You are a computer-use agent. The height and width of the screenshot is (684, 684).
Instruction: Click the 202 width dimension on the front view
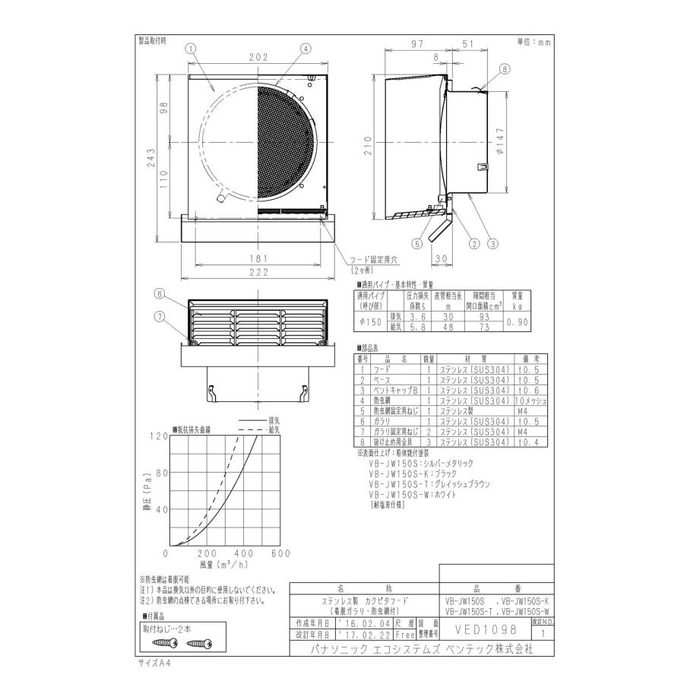258,57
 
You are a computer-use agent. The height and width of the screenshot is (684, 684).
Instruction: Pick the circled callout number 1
191,47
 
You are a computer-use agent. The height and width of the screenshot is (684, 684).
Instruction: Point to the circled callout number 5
417,244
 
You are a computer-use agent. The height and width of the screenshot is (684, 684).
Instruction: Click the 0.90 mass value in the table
518,321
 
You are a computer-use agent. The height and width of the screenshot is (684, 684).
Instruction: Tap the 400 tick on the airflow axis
245,553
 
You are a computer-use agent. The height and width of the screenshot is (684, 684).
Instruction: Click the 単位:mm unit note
534,43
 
